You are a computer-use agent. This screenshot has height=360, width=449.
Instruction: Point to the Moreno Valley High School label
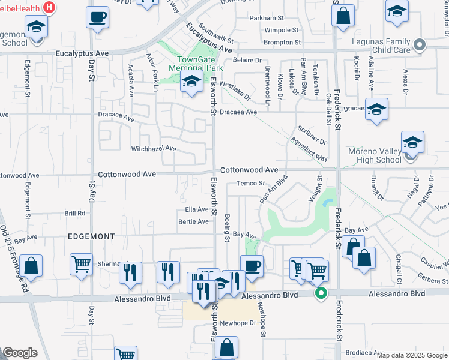coord(374,155)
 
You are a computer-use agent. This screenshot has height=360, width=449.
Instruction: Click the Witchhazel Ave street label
coord(154,148)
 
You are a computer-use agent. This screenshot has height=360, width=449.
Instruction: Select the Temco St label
coord(250,183)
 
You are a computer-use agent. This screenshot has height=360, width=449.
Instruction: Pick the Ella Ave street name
coord(197,209)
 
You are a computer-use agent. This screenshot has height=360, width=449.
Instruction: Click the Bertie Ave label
coord(193,221)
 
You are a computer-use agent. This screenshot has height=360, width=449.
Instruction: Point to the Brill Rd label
coord(75,214)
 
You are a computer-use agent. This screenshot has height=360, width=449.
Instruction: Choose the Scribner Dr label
coord(312,136)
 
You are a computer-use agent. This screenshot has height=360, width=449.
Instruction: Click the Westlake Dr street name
coord(234,91)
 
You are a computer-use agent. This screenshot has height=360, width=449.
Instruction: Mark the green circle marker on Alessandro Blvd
coord(321,293)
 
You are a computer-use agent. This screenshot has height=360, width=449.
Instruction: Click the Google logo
coord(20,353)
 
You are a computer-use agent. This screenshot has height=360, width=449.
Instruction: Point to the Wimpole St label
coord(282,30)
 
